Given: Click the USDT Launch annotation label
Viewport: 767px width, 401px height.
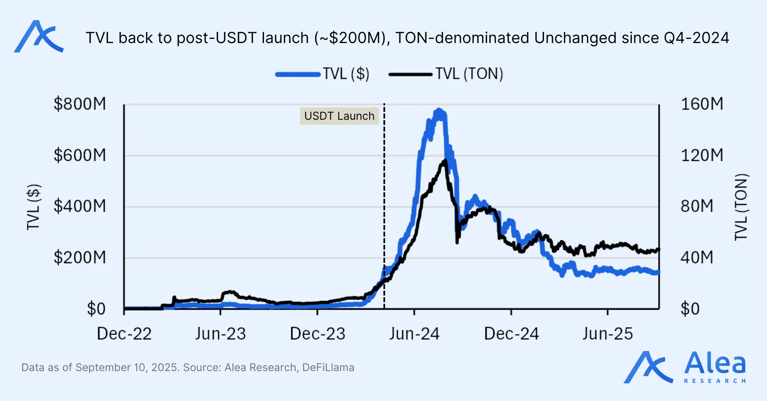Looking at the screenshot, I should (x=339, y=116).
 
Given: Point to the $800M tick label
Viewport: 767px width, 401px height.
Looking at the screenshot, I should (x=80, y=104).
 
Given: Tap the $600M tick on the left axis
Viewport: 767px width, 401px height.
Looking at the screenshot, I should (x=80, y=155).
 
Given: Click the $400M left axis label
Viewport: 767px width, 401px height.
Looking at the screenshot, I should (x=80, y=206).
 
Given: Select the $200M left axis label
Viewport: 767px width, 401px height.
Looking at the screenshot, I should (x=80, y=257).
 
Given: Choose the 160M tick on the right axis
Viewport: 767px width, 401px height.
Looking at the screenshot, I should (x=702, y=104).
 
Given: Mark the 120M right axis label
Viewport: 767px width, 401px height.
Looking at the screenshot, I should (x=702, y=155).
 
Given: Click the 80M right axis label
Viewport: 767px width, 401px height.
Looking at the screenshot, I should (x=697, y=206).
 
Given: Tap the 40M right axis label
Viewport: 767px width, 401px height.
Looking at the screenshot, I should (x=697, y=257).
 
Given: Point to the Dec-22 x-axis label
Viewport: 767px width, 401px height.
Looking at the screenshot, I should (x=124, y=334).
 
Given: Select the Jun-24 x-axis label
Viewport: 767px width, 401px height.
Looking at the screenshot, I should (x=414, y=334).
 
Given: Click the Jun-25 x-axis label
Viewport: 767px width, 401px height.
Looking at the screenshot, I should (x=608, y=334).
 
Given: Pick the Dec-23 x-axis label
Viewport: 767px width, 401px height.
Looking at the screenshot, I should (x=318, y=334).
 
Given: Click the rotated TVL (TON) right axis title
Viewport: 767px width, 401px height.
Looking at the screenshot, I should (x=741, y=207).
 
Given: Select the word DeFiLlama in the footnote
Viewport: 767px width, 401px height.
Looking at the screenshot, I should (x=328, y=367).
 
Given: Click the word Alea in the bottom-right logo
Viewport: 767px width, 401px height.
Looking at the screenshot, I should (x=715, y=363).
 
